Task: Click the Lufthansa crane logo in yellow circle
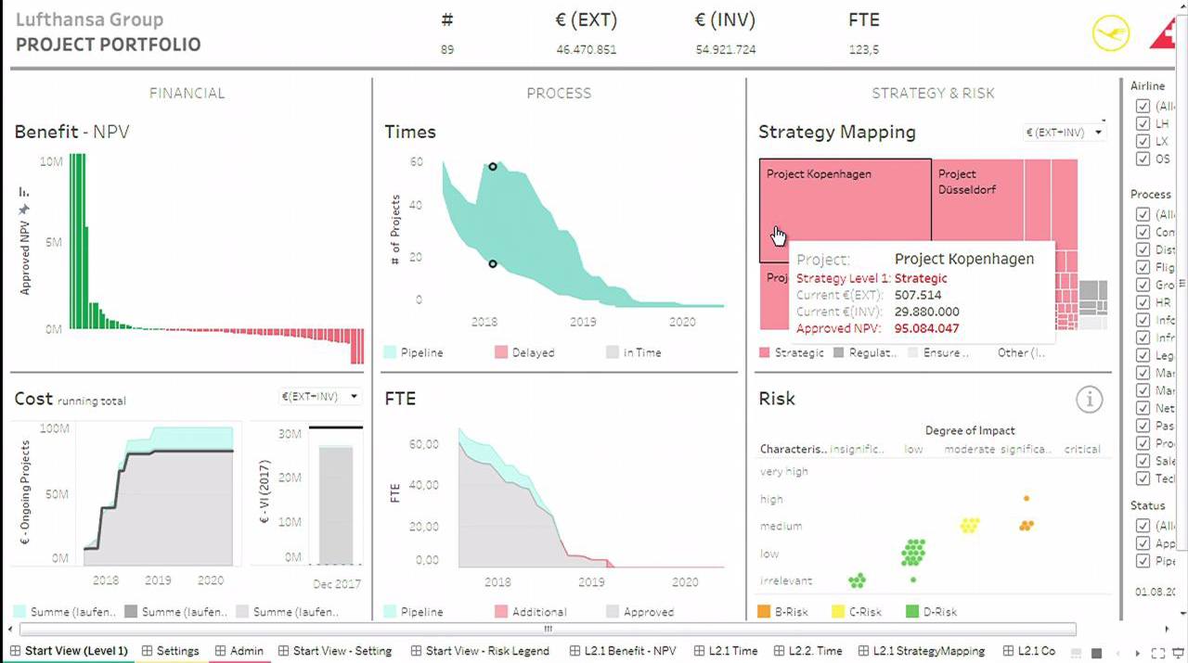point(1111,33)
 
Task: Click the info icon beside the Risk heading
point(1089,400)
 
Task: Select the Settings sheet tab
point(176,651)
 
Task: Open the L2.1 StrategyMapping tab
point(928,651)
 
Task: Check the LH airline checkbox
point(1143,124)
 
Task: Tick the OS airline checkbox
point(1143,159)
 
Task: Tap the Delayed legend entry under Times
point(532,352)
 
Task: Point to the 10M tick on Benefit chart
point(51,161)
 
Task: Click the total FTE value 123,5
point(863,49)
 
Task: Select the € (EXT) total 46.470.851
point(586,49)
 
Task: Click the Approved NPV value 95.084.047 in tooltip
point(927,328)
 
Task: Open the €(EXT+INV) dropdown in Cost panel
point(320,397)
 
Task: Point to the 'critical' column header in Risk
point(1082,449)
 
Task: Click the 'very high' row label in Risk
point(783,471)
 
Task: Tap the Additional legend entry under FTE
point(538,612)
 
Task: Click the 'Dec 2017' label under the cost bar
point(335,583)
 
